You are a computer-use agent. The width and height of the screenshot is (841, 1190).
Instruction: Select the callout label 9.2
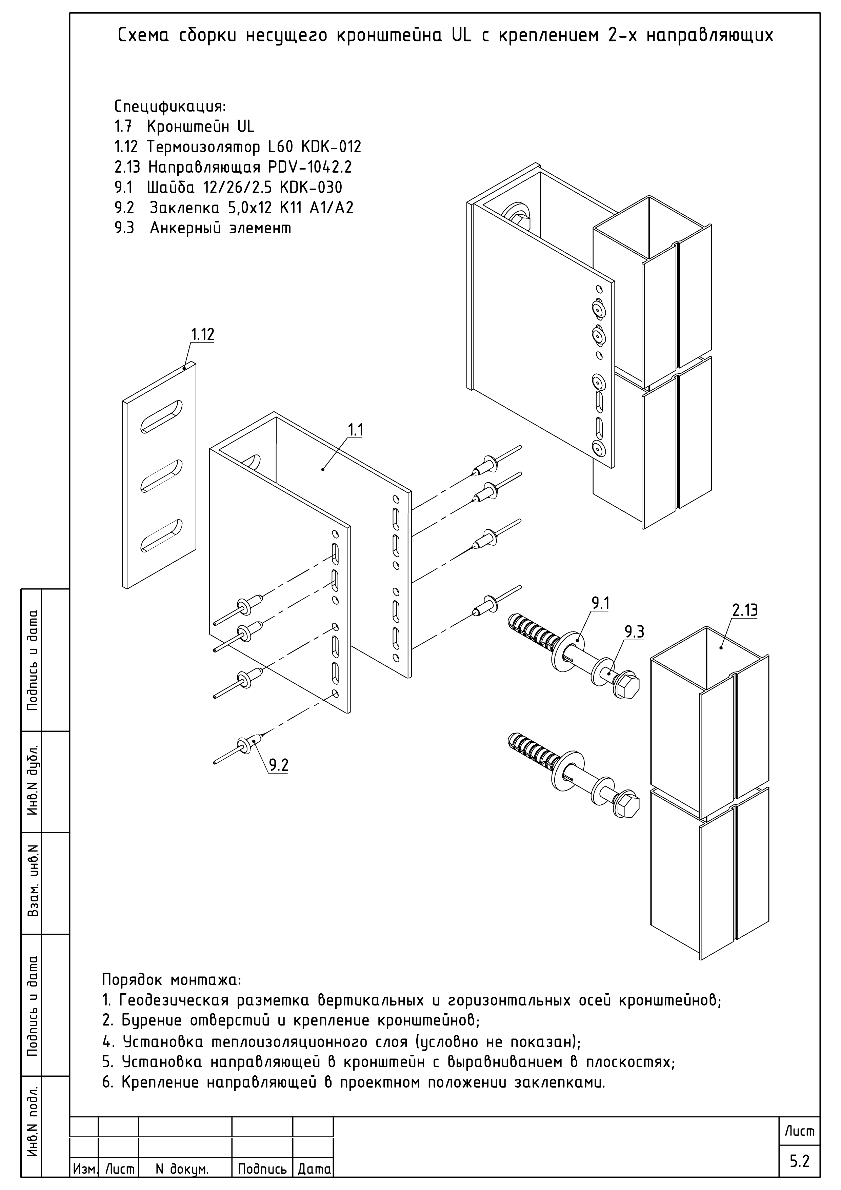(278, 765)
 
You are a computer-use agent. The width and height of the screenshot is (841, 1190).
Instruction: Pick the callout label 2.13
(745, 610)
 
